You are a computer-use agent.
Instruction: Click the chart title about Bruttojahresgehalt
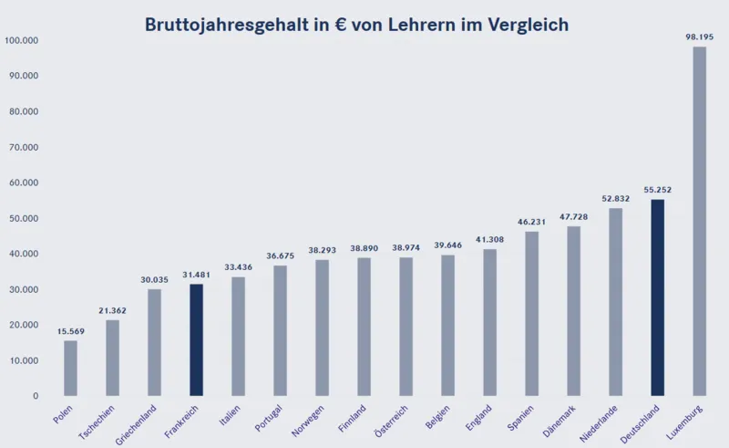(356, 25)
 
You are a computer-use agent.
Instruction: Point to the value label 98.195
(700, 36)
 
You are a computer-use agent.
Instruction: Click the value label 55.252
(658, 190)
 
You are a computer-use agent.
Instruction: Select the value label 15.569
(70, 330)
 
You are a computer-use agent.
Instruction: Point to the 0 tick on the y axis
(35, 396)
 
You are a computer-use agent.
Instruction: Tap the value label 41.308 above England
(490, 239)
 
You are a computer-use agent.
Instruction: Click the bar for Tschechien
(112, 358)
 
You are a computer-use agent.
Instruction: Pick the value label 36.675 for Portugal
(280, 255)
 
